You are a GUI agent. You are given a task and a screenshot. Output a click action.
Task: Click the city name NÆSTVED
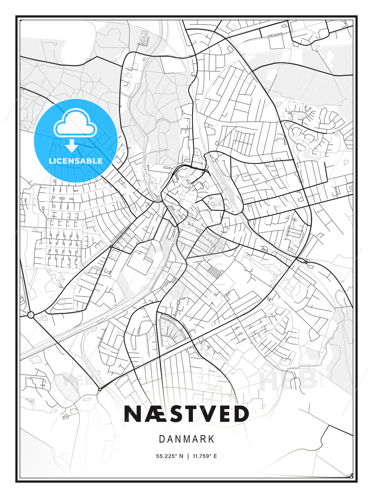tap(186, 414)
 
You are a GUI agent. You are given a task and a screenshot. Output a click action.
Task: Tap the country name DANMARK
tap(186, 439)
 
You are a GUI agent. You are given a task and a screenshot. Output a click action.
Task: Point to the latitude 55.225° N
tap(170, 456)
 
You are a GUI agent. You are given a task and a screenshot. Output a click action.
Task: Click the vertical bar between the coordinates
tap(188, 456)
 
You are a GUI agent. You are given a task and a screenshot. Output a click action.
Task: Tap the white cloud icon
tap(74, 123)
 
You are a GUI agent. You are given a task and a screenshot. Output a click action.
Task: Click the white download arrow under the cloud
tap(72, 146)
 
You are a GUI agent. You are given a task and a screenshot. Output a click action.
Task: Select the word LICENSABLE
tap(76, 161)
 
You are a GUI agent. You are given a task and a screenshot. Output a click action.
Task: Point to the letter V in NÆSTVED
tap(210, 414)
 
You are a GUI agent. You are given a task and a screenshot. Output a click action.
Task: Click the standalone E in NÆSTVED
tap(226, 414)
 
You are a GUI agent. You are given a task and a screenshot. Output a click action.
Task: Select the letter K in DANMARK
tap(211, 439)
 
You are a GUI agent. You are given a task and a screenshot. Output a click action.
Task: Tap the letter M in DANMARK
tap(185, 439)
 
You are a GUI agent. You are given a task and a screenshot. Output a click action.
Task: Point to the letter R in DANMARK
tap(203, 439)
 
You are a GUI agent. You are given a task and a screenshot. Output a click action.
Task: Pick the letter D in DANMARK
tap(162, 439)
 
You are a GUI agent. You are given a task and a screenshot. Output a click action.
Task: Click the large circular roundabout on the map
tap(31, 315)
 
